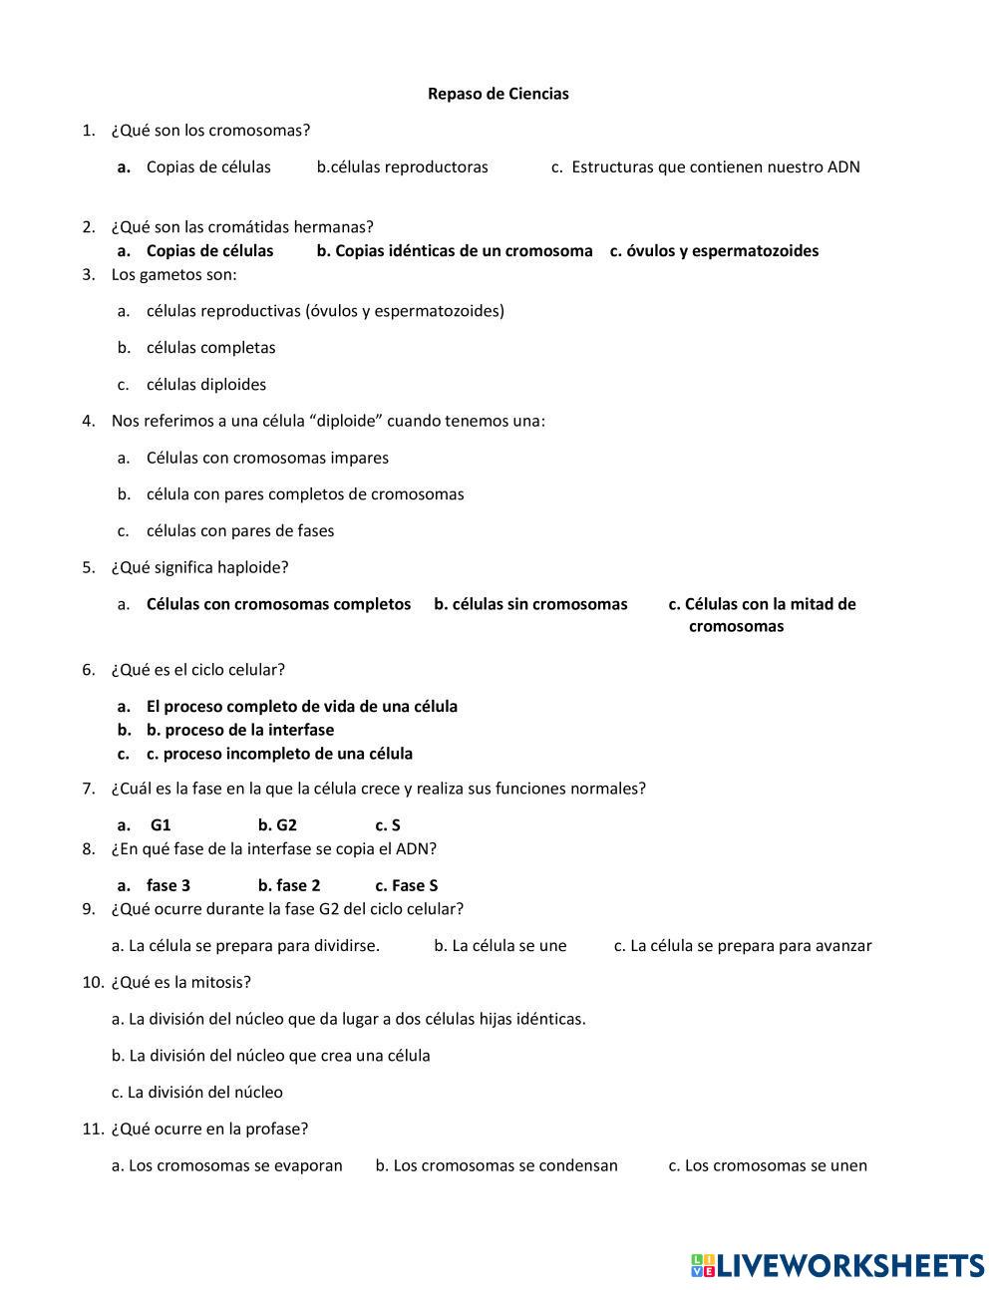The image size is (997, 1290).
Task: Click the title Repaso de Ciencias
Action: [498, 94]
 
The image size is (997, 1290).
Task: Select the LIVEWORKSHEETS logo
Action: [837, 1265]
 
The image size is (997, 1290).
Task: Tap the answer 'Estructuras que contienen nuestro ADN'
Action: [715, 166]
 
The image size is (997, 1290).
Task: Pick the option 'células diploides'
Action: [205, 384]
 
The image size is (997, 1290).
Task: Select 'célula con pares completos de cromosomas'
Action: [304, 493]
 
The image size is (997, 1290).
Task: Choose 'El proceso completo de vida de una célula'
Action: [301, 706]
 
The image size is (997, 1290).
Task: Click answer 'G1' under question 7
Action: [161, 824]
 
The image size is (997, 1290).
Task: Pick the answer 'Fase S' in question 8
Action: [407, 885]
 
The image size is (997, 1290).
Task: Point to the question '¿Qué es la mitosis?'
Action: [180, 982]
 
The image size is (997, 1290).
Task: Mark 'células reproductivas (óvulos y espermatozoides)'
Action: [325, 310]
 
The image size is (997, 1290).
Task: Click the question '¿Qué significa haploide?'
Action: [199, 567]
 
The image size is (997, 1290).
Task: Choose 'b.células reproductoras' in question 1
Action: [403, 166]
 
